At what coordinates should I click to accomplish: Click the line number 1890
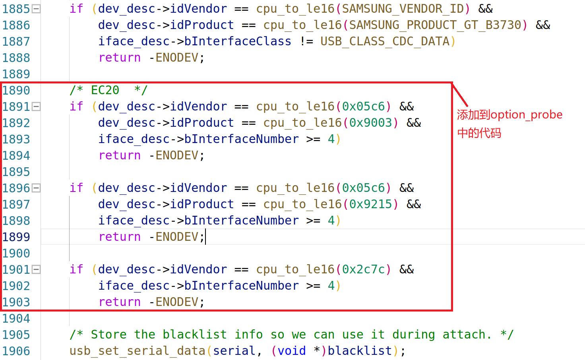16,90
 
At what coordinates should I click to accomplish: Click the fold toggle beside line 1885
36,9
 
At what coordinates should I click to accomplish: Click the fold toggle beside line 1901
36,269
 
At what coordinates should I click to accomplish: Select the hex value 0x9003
370,123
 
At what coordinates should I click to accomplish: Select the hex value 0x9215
370,204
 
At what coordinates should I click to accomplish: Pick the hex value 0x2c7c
363,269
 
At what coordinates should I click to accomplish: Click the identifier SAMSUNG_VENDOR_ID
403,9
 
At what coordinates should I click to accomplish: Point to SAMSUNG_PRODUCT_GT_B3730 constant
435,25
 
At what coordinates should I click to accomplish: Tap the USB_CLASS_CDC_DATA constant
385,41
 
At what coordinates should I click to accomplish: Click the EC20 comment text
105,90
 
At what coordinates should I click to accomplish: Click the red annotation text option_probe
526,115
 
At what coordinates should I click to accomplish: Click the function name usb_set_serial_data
137,351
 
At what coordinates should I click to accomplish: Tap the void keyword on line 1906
291,351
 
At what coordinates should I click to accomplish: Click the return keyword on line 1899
119,237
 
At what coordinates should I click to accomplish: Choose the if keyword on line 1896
76,188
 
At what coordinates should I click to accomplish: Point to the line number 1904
16,318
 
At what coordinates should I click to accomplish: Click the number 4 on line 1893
331,139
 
